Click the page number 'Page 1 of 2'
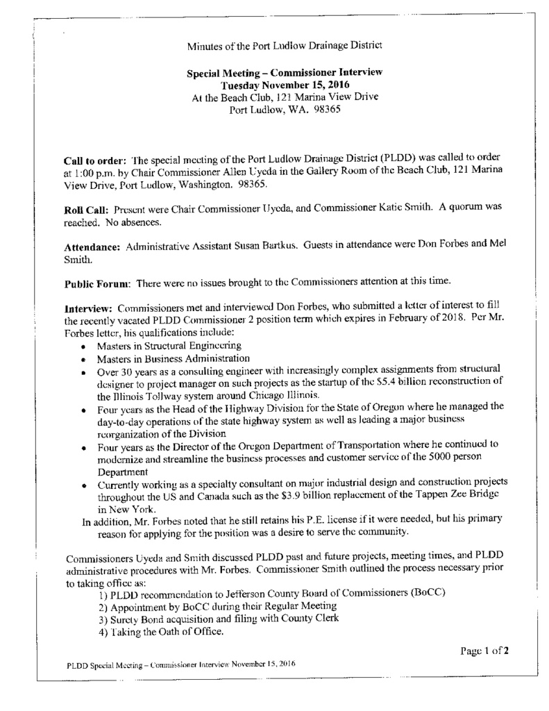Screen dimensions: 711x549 tap(486, 651)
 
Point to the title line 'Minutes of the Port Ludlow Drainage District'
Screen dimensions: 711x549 tap(285, 47)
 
